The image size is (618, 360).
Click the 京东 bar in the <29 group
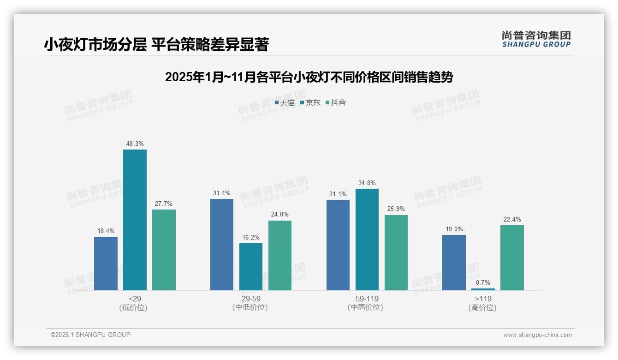click(135, 220)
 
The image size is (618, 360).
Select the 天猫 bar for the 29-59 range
click(222, 245)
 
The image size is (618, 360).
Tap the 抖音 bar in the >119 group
click(512, 258)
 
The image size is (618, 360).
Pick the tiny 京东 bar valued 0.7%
click(483, 289)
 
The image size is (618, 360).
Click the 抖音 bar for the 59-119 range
click(396, 252)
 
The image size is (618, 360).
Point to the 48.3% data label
click(135, 144)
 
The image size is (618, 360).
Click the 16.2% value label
click(251, 238)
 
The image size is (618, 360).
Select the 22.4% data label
click(512, 220)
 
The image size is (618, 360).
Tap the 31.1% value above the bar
click(338, 194)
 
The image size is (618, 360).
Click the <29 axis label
click(135, 299)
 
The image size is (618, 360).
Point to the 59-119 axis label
click(367, 299)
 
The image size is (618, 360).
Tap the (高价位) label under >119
click(483, 308)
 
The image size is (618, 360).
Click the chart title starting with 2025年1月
click(309, 77)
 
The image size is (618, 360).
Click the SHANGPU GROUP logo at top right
click(536, 39)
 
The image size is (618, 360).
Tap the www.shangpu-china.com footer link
click(537, 335)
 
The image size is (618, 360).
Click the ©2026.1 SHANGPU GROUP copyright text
click(90, 335)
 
